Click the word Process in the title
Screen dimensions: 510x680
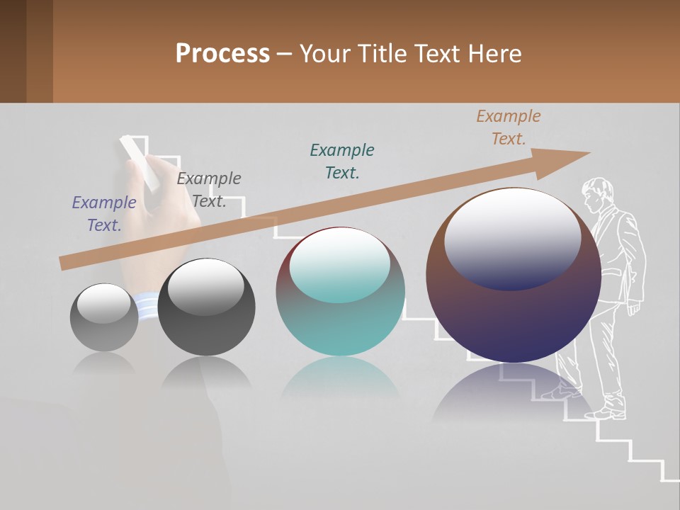[x=222, y=54]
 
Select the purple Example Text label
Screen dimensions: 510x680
[x=104, y=214]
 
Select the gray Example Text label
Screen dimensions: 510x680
[x=209, y=190]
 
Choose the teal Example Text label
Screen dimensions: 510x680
[x=342, y=161]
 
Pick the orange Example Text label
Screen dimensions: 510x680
[x=509, y=127]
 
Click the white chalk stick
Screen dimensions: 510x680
[x=139, y=161]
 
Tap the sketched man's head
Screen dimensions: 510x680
[x=596, y=194]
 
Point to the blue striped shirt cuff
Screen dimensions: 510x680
[x=147, y=307]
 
